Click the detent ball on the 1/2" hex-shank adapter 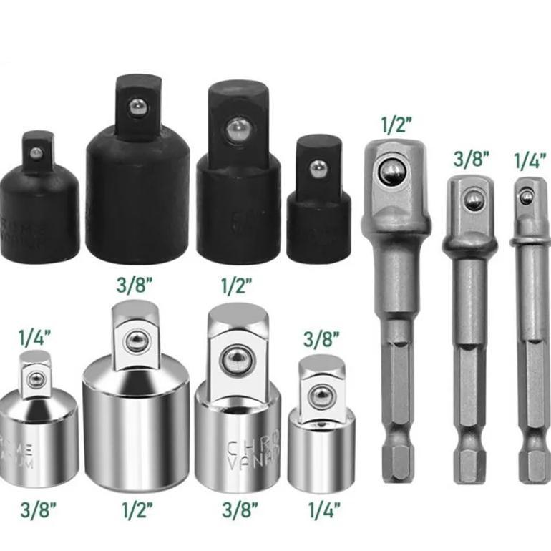click(391, 172)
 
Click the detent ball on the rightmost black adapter click(317, 168)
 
